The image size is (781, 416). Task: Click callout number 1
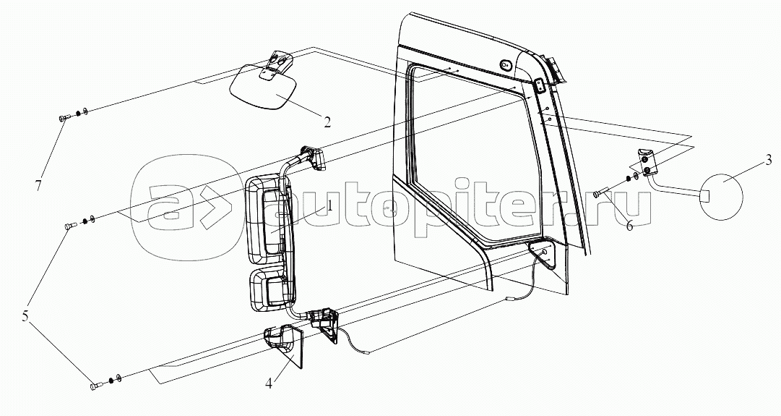click(329, 205)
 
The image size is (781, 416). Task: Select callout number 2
click(327, 121)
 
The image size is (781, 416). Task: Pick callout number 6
click(629, 226)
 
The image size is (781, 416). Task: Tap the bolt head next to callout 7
click(61, 117)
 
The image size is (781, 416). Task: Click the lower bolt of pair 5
click(95, 386)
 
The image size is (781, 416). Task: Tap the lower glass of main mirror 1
click(269, 289)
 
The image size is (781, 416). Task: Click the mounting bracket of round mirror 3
click(646, 162)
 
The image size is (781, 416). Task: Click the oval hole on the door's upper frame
click(506, 64)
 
